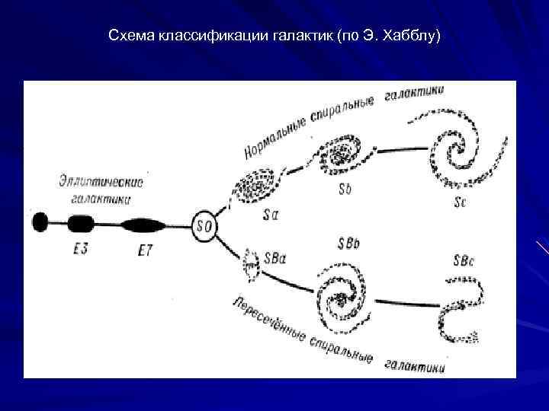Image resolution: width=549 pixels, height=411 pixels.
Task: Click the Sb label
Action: pos(345,189)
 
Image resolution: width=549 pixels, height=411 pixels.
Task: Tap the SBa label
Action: pos(275,259)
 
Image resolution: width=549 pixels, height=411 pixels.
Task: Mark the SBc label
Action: pos(464,260)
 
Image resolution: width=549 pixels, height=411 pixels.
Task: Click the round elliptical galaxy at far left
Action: pos(40,222)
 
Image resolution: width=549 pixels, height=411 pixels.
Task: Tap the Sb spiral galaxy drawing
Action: pos(343,152)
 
